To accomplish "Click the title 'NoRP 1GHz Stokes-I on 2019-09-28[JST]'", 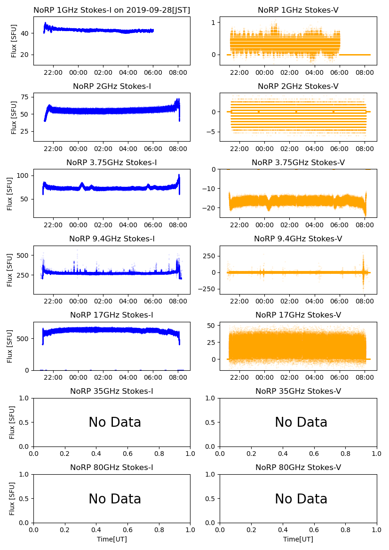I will coord(112,10).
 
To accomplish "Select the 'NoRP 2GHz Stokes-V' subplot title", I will coord(298,86).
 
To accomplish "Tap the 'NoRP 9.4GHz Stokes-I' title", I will coord(112,239).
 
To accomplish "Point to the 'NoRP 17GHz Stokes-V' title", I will coord(298,315).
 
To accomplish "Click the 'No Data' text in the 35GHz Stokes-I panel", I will coord(115,422).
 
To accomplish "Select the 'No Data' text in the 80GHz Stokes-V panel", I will coord(301,499).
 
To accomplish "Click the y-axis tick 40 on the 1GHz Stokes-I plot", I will coord(25,33).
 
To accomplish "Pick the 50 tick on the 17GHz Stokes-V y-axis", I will coord(211,326).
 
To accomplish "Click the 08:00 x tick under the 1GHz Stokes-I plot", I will coord(178,72).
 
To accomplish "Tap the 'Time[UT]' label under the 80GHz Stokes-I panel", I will coord(112,539).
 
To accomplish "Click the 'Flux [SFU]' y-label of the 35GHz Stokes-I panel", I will coord(12,422).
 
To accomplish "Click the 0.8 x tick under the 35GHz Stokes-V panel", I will coord(345,454).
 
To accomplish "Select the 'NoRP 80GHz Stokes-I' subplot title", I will coord(112,467).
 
